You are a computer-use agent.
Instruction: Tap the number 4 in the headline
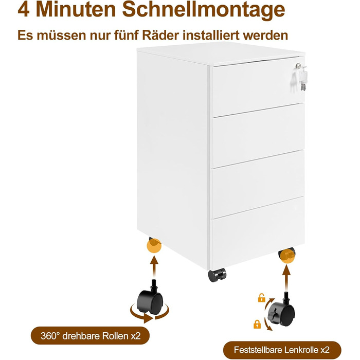pyautogui.click(x=24, y=9)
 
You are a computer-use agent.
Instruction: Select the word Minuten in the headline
pyautogui.click(x=76, y=9)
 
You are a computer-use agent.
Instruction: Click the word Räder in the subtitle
pyautogui.click(x=160, y=35)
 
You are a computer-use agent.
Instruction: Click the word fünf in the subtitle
pyautogui.click(x=126, y=35)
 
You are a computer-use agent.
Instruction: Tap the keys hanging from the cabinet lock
pyautogui.click(x=302, y=77)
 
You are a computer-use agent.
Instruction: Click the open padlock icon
pyautogui.click(x=261, y=298)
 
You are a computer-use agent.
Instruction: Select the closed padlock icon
pyautogui.click(x=257, y=324)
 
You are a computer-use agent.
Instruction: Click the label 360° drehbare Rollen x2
pyautogui.click(x=90, y=336)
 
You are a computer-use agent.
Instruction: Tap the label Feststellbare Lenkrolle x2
pyautogui.click(x=282, y=350)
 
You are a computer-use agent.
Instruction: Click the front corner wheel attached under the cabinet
pyautogui.click(x=217, y=275)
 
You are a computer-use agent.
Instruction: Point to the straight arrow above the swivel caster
pyautogui.click(x=154, y=266)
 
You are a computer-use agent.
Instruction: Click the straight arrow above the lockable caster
pyautogui.click(x=286, y=277)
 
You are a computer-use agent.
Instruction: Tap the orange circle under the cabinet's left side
pyautogui.click(x=154, y=246)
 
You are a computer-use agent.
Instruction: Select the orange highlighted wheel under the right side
pyautogui.click(x=287, y=256)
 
